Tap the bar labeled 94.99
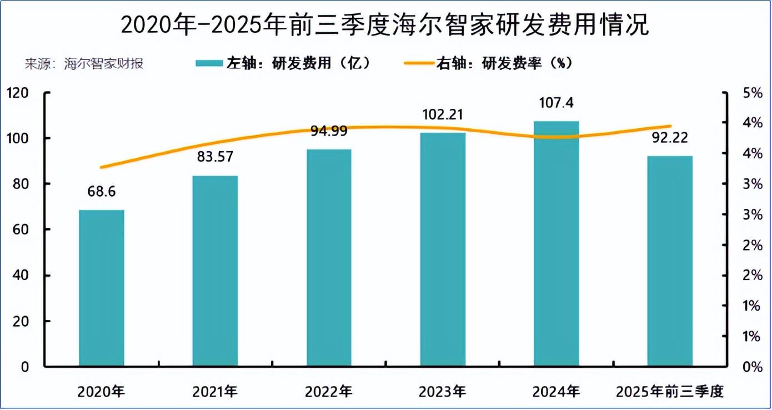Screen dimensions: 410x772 click(329, 258)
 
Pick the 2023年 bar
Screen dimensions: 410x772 click(443, 249)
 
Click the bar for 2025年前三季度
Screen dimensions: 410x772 click(670, 261)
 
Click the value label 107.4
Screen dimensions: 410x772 click(556, 103)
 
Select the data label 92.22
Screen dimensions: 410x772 click(670, 138)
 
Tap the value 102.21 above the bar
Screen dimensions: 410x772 click(443, 116)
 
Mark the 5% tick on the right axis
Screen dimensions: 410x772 click(753, 93)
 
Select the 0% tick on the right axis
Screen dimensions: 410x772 click(753, 367)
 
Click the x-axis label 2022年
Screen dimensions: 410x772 click(329, 392)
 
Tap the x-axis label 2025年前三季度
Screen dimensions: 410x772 click(670, 392)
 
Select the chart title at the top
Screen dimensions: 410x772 click(385, 25)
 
